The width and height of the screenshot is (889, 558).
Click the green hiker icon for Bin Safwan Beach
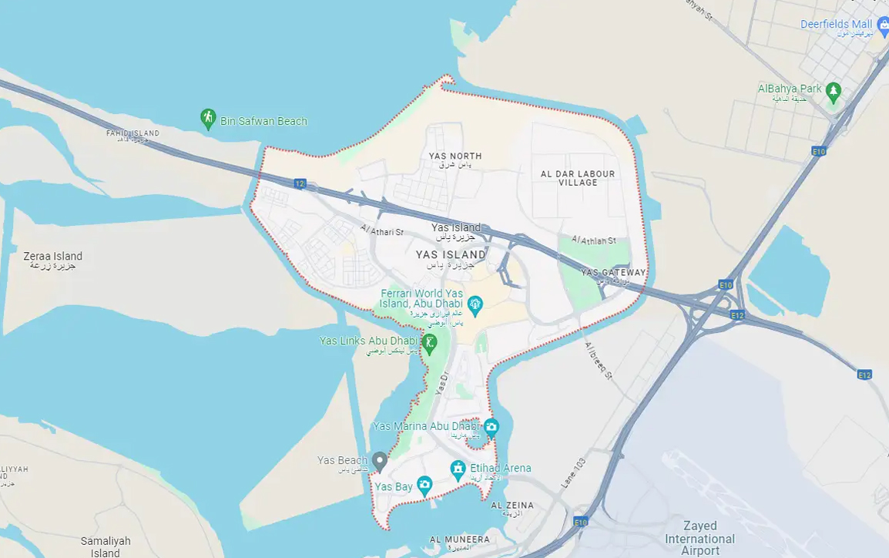(207, 119)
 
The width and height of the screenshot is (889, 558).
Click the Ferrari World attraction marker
(475, 306)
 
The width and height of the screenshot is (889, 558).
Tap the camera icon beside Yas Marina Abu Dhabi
(491, 426)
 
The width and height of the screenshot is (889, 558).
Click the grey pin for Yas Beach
(379, 461)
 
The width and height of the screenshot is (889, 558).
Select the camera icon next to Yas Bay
(424, 486)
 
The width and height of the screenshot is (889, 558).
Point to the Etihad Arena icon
(458, 469)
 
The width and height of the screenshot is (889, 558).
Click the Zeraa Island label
(52, 257)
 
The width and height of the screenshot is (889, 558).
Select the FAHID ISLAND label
(133, 133)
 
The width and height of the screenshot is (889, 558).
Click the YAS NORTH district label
(455, 156)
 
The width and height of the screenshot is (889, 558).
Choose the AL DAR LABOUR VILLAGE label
(578, 178)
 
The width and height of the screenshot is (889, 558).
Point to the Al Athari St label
(381, 230)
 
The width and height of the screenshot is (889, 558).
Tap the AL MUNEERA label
(459, 540)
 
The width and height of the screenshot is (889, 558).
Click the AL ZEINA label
(512, 506)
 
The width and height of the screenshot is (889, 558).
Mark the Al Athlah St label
(594, 240)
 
